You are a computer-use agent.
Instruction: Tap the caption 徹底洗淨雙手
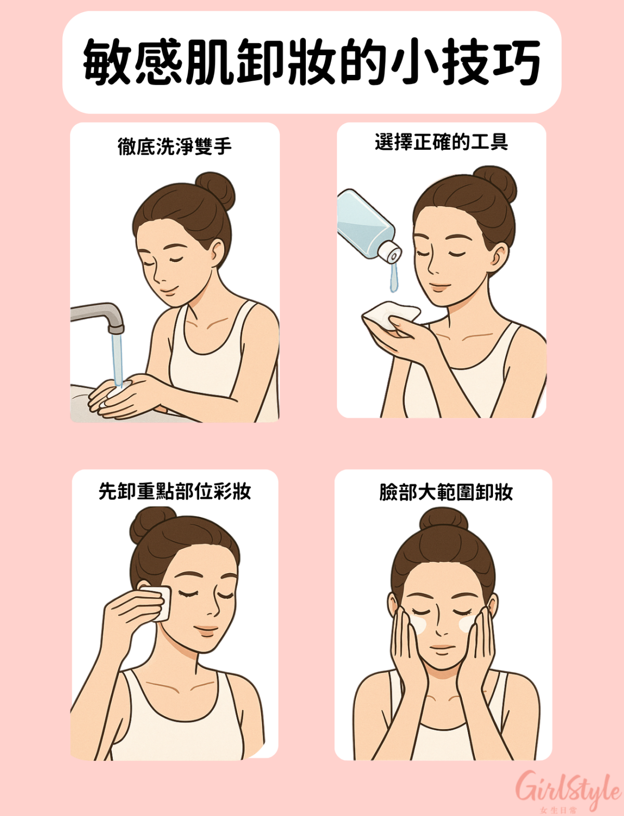coord(175,147)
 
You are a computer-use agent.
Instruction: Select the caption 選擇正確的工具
coord(441,142)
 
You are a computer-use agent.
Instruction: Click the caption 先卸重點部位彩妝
coord(175,491)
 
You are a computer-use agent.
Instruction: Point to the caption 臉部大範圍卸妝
coord(446,492)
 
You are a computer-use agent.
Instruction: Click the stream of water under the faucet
coord(118,359)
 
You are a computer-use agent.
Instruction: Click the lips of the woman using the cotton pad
coord(206,630)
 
